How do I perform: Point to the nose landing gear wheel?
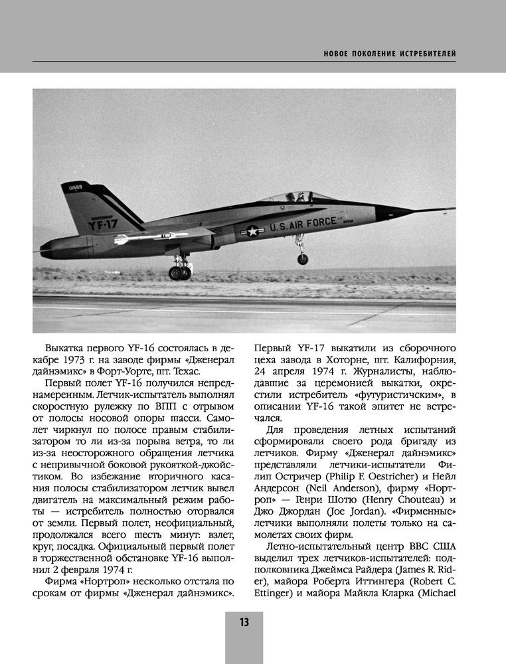coord(303,259)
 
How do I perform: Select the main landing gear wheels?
coord(180,272)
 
